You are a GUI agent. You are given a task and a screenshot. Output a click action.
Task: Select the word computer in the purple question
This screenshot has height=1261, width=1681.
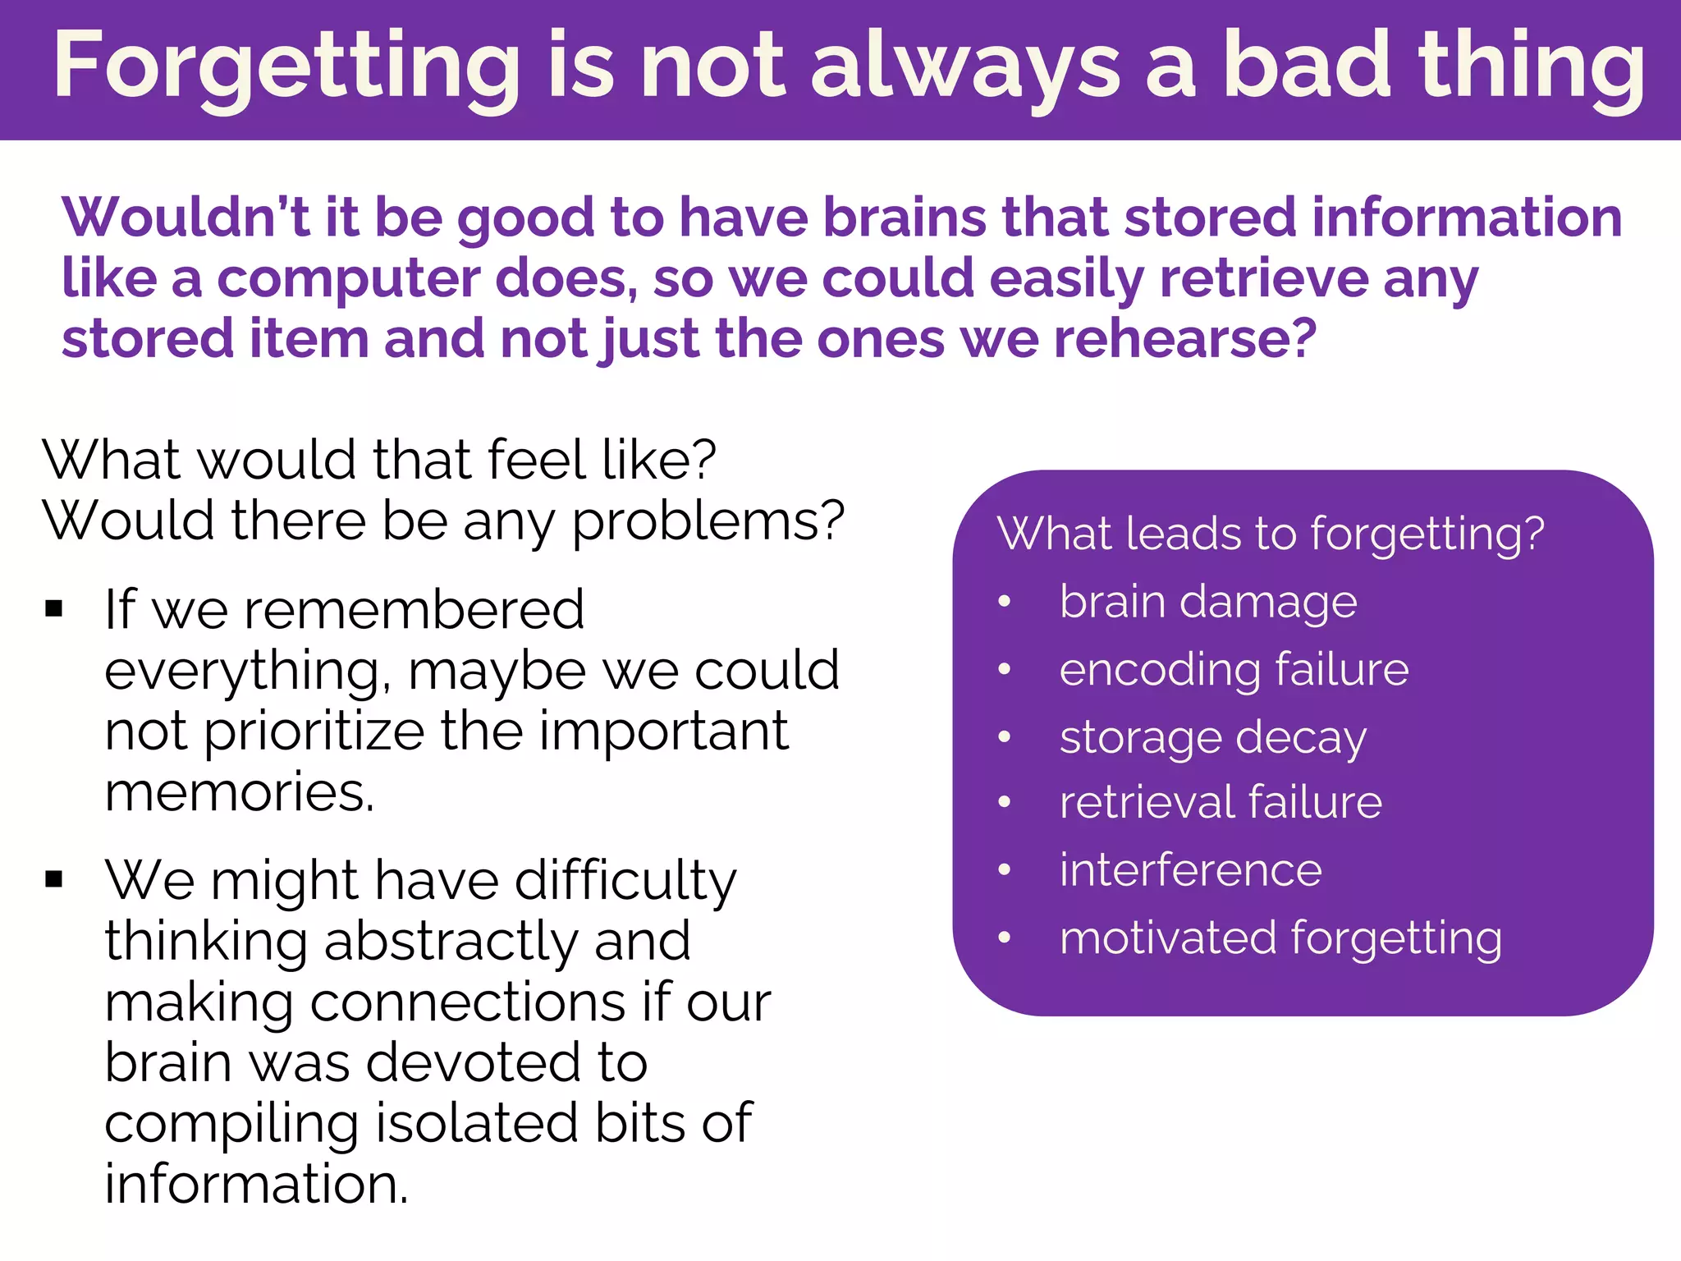click(x=348, y=279)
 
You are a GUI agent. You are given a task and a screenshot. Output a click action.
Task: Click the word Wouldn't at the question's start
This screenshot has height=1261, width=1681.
click(x=186, y=218)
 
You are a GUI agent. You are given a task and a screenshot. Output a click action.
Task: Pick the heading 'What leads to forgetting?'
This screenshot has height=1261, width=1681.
click(x=1271, y=534)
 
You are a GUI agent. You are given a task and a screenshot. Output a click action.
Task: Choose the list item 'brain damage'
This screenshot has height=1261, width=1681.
click(x=1208, y=603)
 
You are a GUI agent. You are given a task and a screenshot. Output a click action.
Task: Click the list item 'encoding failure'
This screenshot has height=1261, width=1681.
click(x=1234, y=669)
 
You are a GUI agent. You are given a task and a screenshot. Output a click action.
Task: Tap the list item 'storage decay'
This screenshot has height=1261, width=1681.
click(x=1212, y=737)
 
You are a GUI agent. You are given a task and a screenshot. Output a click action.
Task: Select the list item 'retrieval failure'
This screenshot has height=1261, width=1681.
click(x=1221, y=802)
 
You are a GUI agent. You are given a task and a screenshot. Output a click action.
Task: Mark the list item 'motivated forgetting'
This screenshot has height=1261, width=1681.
click(x=1280, y=938)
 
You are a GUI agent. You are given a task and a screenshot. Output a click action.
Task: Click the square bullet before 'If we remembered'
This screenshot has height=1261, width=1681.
click(x=54, y=609)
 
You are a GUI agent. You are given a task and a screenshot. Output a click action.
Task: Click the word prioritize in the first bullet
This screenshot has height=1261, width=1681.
click(x=314, y=731)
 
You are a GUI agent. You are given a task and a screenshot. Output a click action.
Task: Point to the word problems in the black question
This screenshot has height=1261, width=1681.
click(x=708, y=521)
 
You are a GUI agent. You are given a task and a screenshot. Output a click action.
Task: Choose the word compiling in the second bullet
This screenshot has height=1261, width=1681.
click(x=231, y=1123)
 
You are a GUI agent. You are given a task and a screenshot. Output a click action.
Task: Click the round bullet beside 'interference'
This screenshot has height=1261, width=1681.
click(x=1004, y=869)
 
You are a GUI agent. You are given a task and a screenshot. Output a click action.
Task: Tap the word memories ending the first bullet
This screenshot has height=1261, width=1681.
click(x=239, y=792)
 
